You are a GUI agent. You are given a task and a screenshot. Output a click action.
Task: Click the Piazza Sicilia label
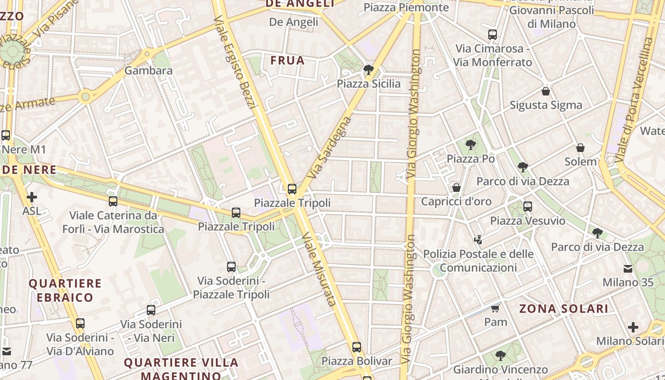click(369, 84)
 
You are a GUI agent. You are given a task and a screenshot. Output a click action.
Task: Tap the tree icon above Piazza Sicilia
click(368, 70)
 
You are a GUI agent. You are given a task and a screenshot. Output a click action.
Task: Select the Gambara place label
click(148, 71)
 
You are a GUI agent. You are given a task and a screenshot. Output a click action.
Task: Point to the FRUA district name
click(287, 61)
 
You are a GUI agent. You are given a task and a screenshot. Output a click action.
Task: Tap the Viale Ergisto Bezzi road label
click(235, 62)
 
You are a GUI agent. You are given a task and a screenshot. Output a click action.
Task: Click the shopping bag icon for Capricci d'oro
click(456, 188)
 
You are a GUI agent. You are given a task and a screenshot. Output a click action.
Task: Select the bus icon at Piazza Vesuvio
click(528, 207)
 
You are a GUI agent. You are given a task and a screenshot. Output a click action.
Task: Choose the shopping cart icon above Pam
click(495, 308)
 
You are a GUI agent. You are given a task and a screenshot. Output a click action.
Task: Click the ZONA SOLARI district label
click(563, 309)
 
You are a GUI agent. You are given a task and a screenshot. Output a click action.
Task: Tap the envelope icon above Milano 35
click(628, 269)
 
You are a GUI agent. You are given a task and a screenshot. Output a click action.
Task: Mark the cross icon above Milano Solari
click(633, 327)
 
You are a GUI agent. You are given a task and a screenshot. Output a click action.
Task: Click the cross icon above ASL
click(32, 197)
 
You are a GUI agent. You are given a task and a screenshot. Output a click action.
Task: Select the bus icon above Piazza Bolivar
click(357, 347)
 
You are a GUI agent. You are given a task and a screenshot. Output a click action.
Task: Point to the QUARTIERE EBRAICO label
click(66, 291)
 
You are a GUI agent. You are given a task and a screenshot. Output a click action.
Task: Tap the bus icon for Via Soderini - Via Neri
click(151, 310)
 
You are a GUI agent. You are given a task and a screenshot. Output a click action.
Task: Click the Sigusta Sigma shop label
click(546, 105)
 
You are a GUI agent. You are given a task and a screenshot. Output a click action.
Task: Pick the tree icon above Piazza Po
click(471, 145)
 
